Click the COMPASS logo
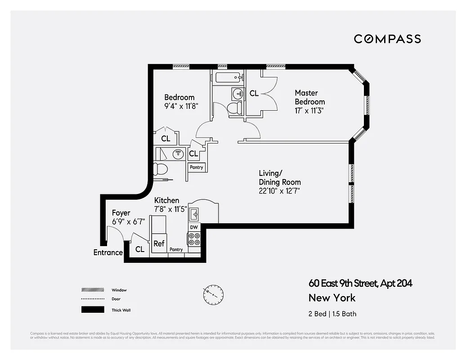tap(387, 39)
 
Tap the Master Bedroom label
tap(309, 97)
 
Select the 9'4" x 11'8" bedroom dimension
tap(181, 106)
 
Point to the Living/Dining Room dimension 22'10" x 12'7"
tap(279, 191)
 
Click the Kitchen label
tap(166, 200)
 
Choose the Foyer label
tap(121, 213)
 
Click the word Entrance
tap(108, 252)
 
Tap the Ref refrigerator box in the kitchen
tap(159, 243)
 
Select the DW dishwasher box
tap(194, 227)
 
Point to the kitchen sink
tap(195, 213)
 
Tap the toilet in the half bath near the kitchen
tap(160, 170)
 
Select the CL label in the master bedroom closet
tap(254, 93)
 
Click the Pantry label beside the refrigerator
tap(176, 250)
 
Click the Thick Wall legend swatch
tap(93, 310)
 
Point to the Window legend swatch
tap(93, 290)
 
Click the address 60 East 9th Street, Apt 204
tap(360, 283)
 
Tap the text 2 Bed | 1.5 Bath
tap(332, 314)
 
